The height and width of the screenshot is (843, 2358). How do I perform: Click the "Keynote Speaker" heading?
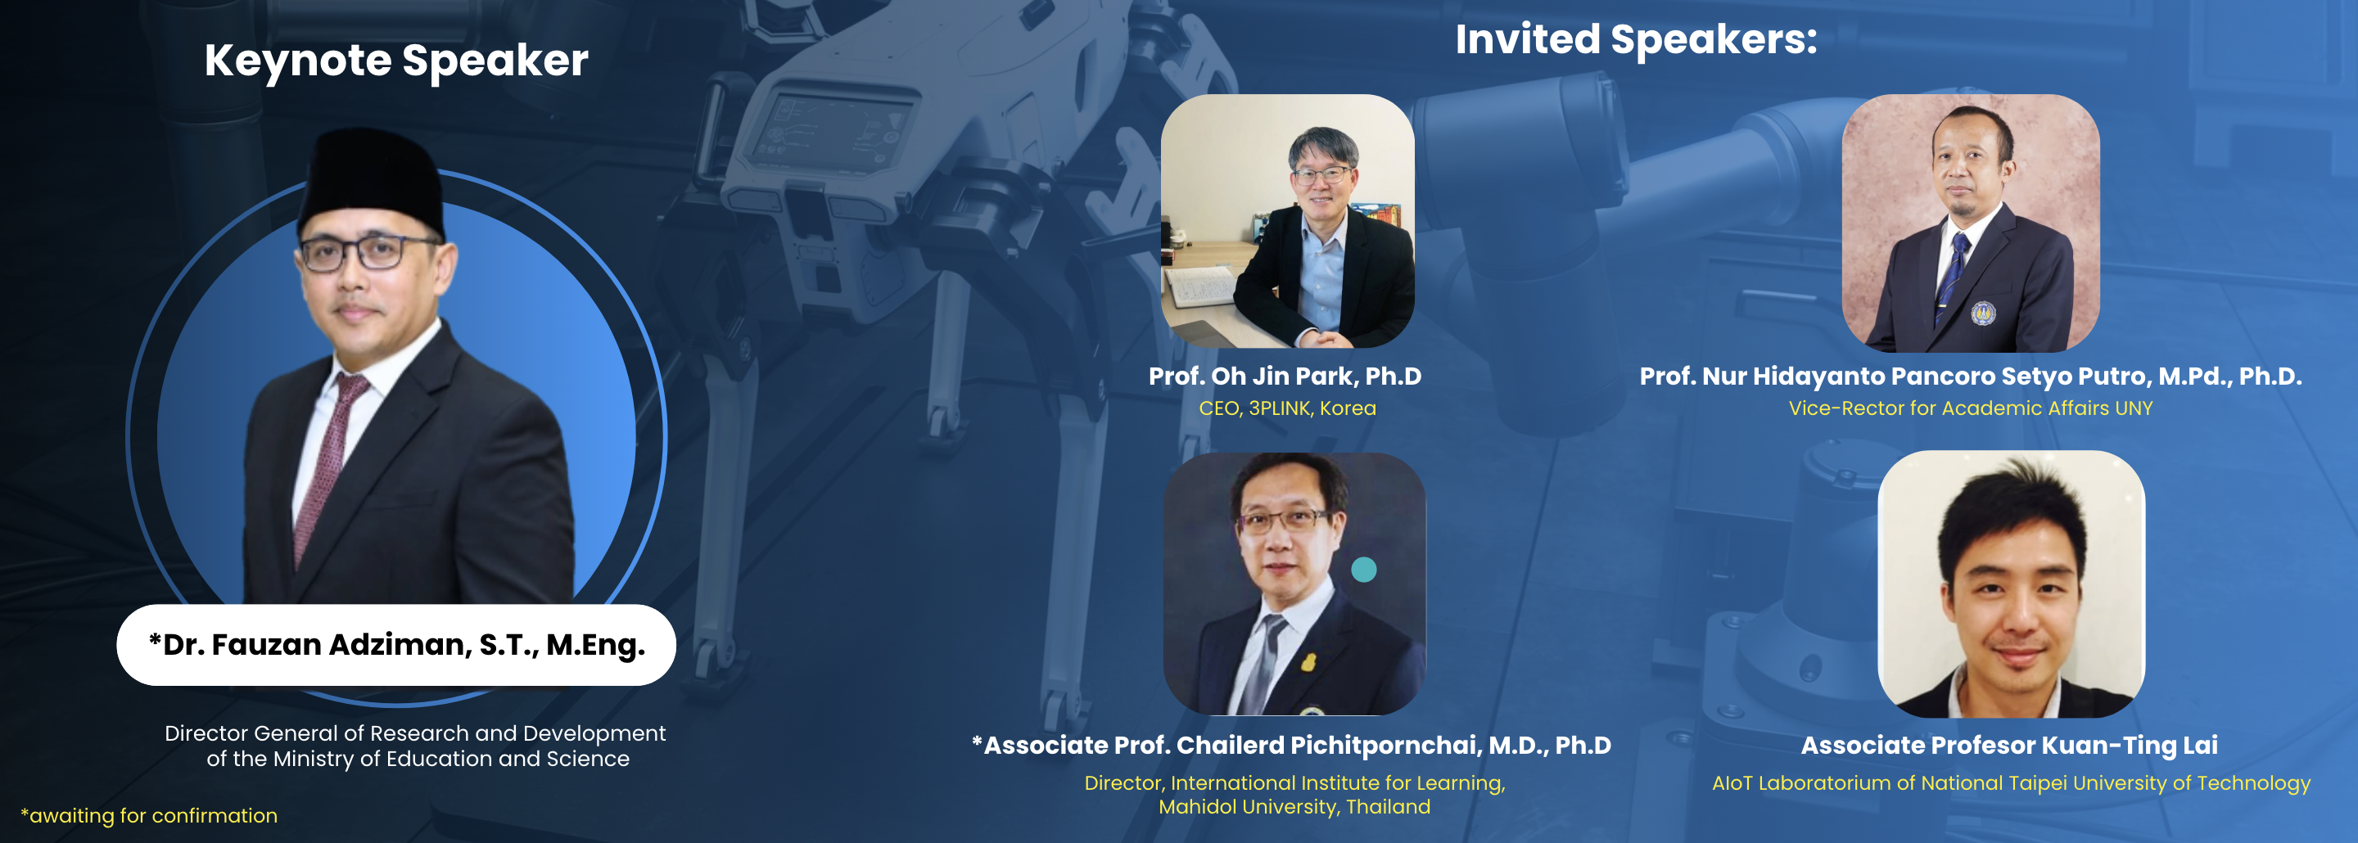pos(395,61)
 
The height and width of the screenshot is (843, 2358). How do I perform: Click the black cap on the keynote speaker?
pos(373,183)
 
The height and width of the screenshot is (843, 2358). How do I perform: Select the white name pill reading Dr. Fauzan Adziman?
pos(396,644)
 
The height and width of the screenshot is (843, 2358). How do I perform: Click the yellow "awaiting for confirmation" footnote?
pos(149,815)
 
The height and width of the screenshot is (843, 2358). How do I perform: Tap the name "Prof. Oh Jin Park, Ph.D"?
pos(1285,376)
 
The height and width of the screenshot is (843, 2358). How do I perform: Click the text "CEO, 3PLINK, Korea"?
pos(1287,408)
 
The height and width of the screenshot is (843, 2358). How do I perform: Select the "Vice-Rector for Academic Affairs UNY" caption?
pos(1971,408)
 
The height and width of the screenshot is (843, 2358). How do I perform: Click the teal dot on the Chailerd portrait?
pos(1364,570)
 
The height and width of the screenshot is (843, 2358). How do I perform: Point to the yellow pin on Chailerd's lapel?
pos(1309,660)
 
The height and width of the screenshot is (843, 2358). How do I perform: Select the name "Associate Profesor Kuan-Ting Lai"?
pos(2009,745)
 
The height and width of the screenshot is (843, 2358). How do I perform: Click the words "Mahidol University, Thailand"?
pos(1294,807)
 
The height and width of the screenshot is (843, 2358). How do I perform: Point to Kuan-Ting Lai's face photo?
pos(2011,584)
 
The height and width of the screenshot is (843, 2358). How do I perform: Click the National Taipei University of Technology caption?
pos(2011,783)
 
